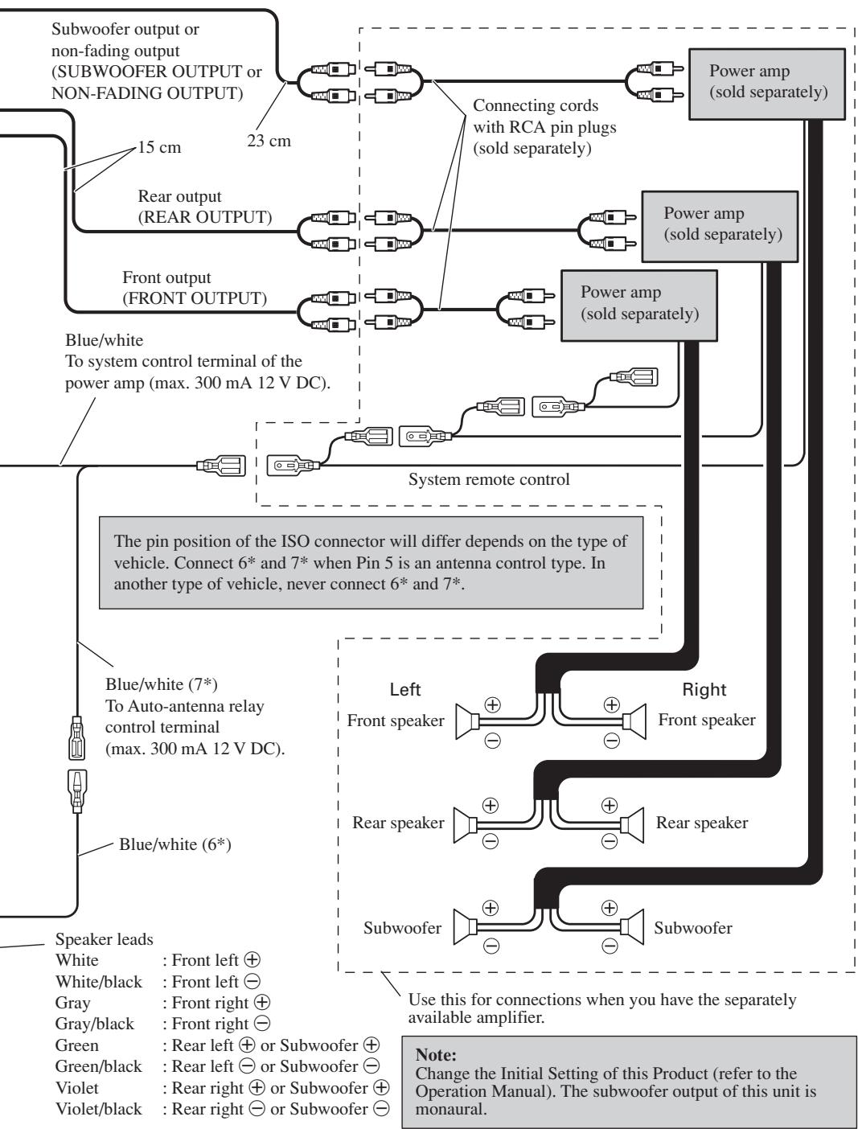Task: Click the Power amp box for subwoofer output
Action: pyautogui.click(x=766, y=84)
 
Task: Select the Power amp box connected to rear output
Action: pyautogui.click(x=720, y=226)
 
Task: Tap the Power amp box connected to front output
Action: pyautogui.click(x=638, y=306)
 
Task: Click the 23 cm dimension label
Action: pyautogui.click(x=269, y=141)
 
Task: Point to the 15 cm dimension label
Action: pyautogui.click(x=159, y=147)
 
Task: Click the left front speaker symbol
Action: pyautogui.click(x=467, y=722)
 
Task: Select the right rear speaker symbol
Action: pyautogui.click(x=632, y=824)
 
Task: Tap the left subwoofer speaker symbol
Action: pyautogui.click(x=466, y=927)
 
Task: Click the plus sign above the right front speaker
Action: pyautogui.click(x=611, y=704)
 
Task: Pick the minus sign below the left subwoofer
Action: pyautogui.click(x=491, y=946)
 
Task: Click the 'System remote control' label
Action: pyautogui.click(x=489, y=479)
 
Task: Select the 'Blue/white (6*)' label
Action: pyautogui.click(x=174, y=844)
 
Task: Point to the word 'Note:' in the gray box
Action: pyautogui.click(x=436, y=1055)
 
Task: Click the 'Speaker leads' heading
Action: pyautogui.click(x=104, y=939)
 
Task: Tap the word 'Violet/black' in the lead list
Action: pyautogui.click(x=98, y=1109)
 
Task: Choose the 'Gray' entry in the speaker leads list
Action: pyautogui.click(x=72, y=1003)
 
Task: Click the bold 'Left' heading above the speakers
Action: pyautogui.click(x=404, y=689)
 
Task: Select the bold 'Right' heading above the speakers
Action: pyautogui.click(x=704, y=689)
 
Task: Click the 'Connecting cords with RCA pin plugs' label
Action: pyautogui.click(x=544, y=126)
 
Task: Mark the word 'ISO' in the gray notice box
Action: pyautogui.click(x=295, y=541)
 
